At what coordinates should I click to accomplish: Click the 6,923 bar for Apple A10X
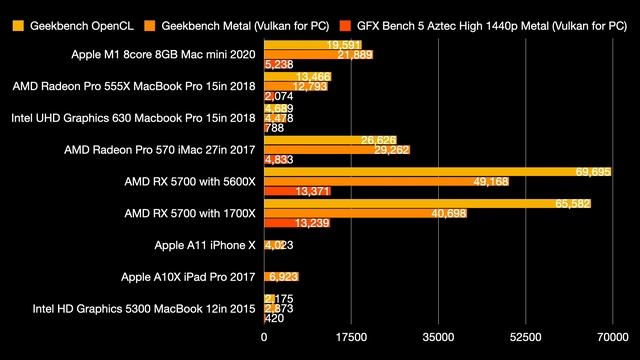point(281,276)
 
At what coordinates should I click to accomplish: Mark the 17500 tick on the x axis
point(351,337)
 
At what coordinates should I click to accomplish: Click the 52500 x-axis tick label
point(526,337)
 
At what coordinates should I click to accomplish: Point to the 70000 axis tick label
point(612,337)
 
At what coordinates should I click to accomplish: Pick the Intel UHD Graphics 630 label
point(134,118)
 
